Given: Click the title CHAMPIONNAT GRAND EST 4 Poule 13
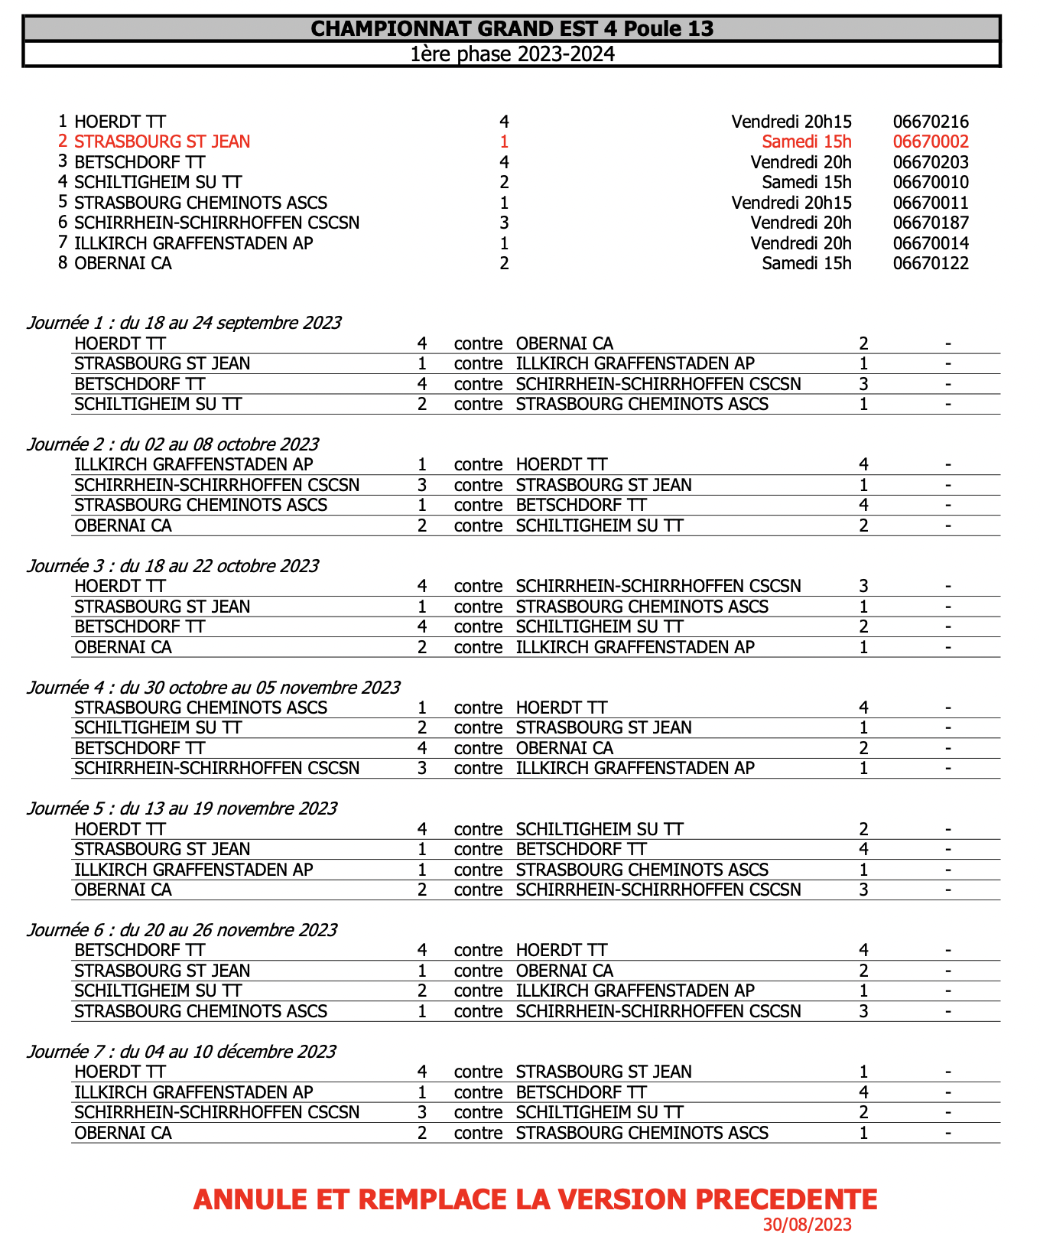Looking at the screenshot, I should [512, 29].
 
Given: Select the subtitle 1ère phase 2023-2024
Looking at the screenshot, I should [512, 54].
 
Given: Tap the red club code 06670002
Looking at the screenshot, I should [931, 142].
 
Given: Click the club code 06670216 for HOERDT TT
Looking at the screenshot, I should [931, 122].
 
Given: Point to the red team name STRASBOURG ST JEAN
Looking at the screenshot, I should [162, 142].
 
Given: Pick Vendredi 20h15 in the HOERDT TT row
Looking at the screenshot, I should [791, 122].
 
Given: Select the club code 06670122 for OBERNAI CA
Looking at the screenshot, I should [931, 264].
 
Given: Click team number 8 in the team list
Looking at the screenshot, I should [63, 264].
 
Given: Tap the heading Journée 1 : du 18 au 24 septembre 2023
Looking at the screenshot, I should [184, 323].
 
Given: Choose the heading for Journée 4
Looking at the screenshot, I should [213, 688].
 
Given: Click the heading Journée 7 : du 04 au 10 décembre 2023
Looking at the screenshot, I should [181, 1052].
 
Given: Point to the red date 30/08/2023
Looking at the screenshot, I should [808, 1224].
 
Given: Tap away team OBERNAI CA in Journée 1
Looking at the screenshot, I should [564, 344].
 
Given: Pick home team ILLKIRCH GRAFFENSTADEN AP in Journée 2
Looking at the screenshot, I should [193, 465].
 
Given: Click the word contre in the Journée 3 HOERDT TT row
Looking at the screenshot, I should [478, 587].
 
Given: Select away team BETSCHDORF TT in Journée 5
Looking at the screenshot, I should [581, 850].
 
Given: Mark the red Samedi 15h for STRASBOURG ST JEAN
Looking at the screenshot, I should [807, 142].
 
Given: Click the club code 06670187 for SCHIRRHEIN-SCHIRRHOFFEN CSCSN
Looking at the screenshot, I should [931, 223].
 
